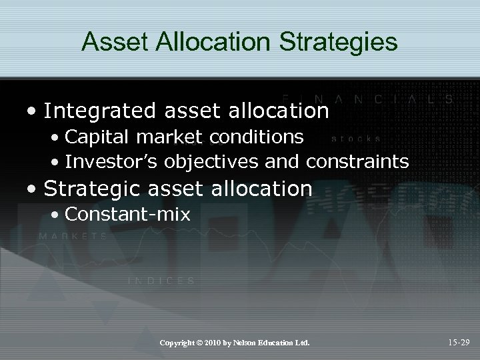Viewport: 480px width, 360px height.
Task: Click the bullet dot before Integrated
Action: coord(33,111)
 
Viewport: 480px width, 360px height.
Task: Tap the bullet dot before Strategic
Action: coord(33,189)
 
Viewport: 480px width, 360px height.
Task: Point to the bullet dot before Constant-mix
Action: coord(56,215)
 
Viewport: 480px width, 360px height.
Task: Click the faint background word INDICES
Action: coord(161,281)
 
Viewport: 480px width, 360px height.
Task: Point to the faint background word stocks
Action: coord(357,139)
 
